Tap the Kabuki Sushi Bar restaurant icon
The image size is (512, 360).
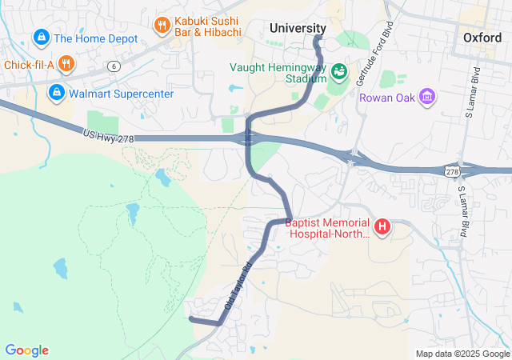(162, 25)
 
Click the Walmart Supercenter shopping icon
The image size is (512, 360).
(57, 94)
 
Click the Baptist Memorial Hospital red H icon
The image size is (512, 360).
(382, 228)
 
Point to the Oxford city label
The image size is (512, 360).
(482, 38)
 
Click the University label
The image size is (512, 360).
(298, 28)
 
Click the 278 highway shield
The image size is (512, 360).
(452, 171)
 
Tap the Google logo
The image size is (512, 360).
(27, 350)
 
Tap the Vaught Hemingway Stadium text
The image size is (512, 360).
(278, 73)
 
